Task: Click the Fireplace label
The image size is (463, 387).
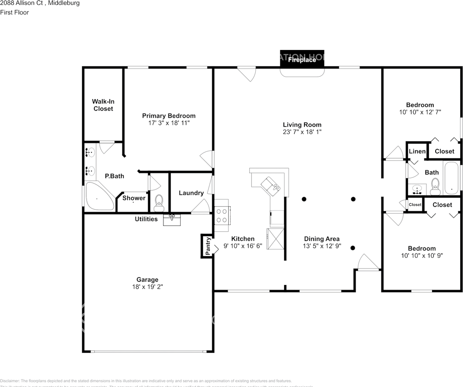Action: tap(302, 60)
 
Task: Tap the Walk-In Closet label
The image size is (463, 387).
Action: tap(103, 105)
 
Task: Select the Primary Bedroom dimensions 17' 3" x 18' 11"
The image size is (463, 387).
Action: tap(169, 123)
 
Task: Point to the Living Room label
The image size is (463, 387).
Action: tap(302, 125)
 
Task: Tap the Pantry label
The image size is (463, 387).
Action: tap(208, 246)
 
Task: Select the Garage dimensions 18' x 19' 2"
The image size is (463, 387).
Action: tap(147, 287)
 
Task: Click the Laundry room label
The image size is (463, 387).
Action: tap(191, 193)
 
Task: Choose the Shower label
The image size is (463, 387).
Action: tap(134, 198)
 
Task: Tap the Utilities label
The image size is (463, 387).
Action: tap(146, 219)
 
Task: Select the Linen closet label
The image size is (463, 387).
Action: tap(417, 151)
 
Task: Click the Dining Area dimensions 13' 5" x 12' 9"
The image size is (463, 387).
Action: tap(322, 246)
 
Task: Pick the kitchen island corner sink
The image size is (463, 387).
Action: tap(271, 186)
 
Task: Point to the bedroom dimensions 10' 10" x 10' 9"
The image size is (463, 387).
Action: tap(422, 255)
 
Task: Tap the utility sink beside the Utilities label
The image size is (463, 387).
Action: tap(172, 220)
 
